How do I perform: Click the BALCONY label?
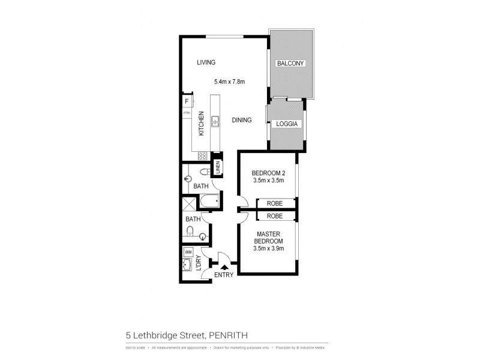coord(290,64)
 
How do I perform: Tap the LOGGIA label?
coord(287,124)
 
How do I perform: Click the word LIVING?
coord(205,62)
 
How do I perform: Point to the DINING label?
coord(242,120)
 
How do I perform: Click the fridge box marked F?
coord(187,101)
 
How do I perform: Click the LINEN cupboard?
coord(218,168)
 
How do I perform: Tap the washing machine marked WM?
coord(188,252)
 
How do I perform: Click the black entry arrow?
coord(224,268)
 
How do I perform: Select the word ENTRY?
coord(224,276)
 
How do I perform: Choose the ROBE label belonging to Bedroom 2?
coord(275,203)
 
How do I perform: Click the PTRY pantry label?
coord(186,113)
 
